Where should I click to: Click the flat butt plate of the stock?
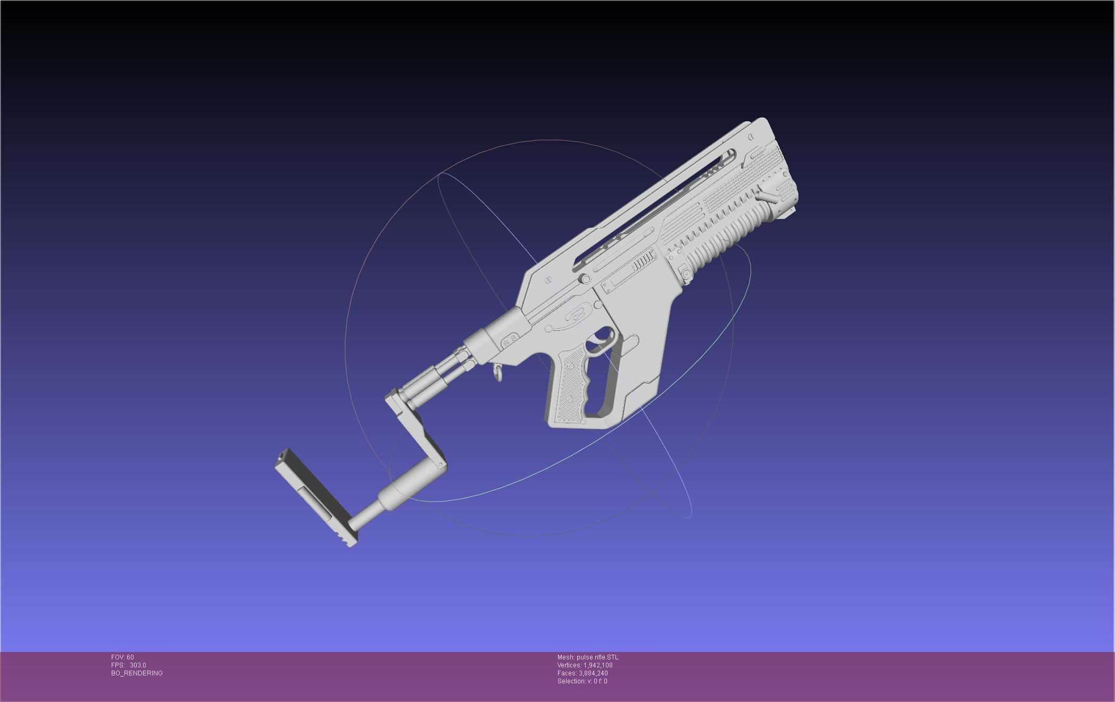(x=315, y=497)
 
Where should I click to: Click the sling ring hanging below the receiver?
(x=498, y=372)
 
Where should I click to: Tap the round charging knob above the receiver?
(x=585, y=279)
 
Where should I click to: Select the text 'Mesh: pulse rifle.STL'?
(x=588, y=657)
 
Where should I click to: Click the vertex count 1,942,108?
(x=598, y=665)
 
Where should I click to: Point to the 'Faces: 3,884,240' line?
(x=583, y=673)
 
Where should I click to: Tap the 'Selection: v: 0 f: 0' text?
(x=582, y=681)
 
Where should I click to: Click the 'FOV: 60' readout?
(x=122, y=657)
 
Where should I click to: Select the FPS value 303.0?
(x=138, y=665)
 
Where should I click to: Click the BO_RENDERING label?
(x=137, y=673)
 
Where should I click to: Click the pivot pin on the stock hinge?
(x=442, y=465)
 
